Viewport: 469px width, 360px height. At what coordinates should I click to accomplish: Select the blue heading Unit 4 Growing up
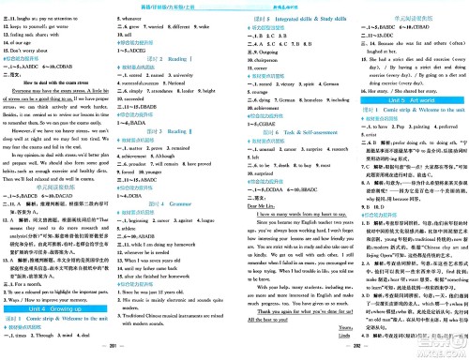(x=78, y=286)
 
